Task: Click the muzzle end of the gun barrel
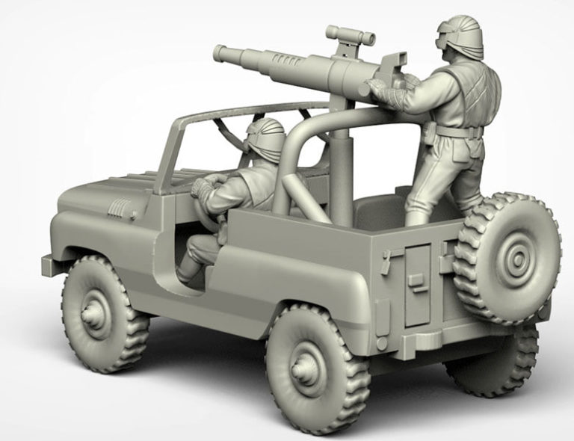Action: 220,53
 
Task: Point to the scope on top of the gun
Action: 349,34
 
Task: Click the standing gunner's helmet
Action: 459,33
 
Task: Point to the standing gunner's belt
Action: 456,132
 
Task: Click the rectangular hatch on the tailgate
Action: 417,285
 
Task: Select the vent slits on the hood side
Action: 118,209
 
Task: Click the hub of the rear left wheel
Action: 306,368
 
